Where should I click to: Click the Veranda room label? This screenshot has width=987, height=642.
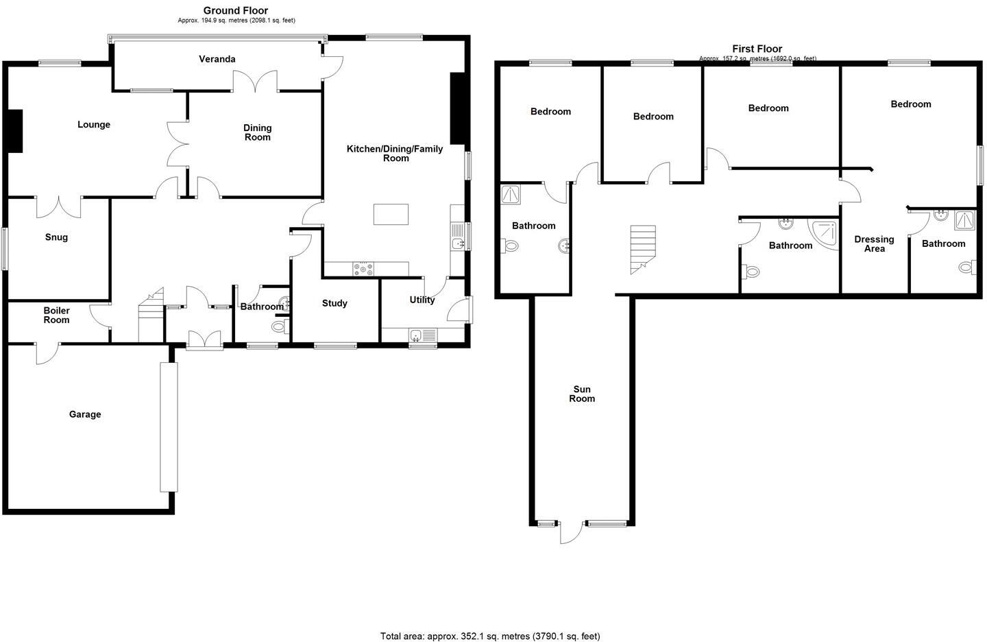click(217, 59)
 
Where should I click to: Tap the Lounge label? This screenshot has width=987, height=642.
click(94, 125)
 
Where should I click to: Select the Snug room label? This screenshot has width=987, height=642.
click(56, 237)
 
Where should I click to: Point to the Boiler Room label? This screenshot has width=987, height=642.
click(56, 316)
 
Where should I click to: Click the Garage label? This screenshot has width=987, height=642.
click(85, 414)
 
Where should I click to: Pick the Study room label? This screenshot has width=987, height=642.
click(334, 303)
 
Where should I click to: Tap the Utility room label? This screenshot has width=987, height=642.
click(422, 300)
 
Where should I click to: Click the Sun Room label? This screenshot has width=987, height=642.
click(582, 394)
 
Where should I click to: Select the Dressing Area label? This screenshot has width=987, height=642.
click(874, 243)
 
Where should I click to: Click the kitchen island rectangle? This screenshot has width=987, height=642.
click(391, 215)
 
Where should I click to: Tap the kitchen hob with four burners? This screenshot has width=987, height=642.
click(363, 270)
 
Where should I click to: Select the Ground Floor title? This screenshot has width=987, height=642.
click(236, 10)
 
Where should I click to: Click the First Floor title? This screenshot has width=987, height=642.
click(757, 49)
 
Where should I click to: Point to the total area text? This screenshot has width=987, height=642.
click(490, 636)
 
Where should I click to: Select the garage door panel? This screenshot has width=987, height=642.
click(169, 427)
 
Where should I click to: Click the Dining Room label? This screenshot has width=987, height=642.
click(258, 132)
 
